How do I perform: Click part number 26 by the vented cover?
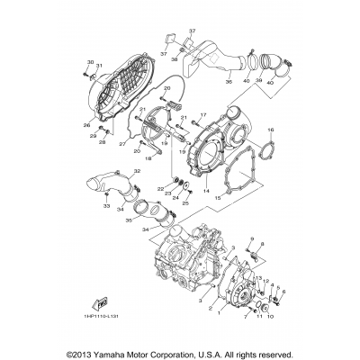click(87, 125)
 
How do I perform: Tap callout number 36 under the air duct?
click(229, 82)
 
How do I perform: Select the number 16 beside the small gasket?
click(271, 130)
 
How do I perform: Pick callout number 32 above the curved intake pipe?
click(137, 170)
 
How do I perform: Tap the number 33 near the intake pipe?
click(106, 206)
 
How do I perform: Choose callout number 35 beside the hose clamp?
click(128, 219)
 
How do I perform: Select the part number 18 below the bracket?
click(148, 158)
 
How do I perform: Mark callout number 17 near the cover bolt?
click(203, 114)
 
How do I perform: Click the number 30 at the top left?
click(90, 60)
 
